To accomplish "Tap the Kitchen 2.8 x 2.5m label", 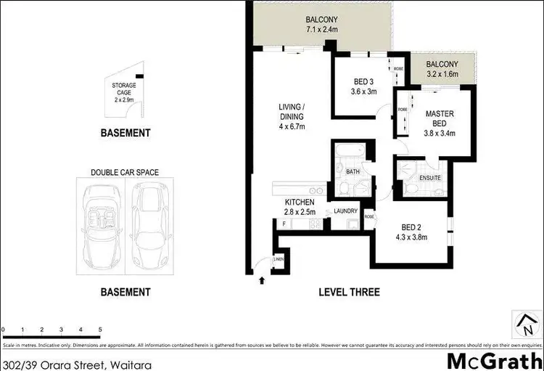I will click(299, 206).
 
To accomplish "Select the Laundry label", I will click(345, 211).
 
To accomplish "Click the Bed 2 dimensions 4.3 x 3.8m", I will click(412, 235).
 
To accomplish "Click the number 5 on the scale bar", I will click(100, 330).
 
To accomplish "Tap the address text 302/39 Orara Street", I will click(76, 359).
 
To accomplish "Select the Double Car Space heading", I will click(125, 173).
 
